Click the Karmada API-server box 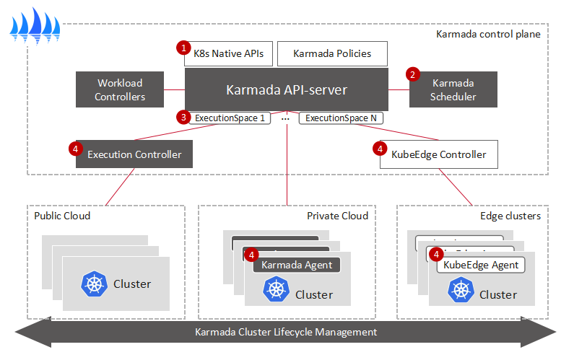[286, 90]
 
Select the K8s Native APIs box [228, 53]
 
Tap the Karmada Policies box [333, 53]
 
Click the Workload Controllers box [120, 90]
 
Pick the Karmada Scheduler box [453, 90]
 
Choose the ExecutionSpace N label [341, 117]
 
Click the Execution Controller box [134, 154]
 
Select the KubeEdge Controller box [440, 154]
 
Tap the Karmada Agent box [297, 265]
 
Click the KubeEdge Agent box [481, 265]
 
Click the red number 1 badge [183, 48]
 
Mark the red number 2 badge [413, 74]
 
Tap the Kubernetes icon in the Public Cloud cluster [94, 284]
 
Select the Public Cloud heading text [62, 216]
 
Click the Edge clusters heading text [510, 216]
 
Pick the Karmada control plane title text [488, 34]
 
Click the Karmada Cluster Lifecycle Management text [286, 333]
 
